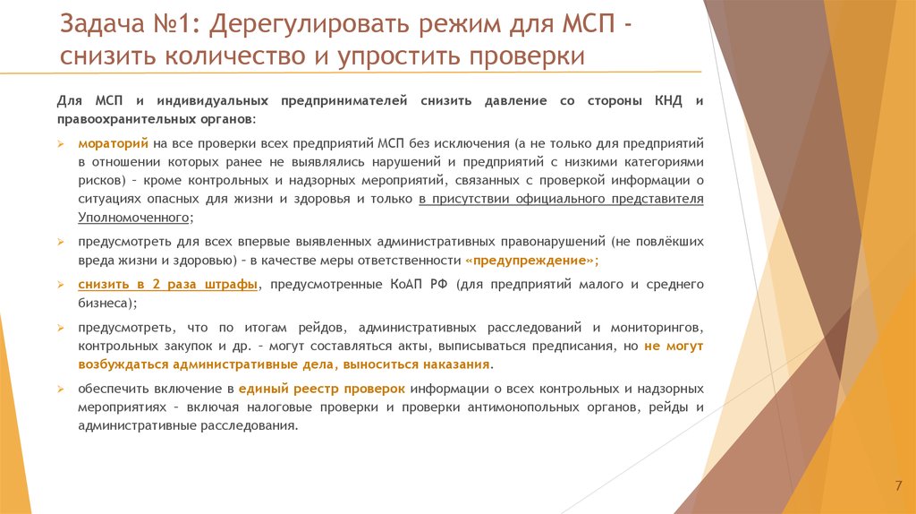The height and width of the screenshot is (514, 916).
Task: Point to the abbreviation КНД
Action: click(660, 101)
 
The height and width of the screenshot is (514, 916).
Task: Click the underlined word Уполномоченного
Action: click(133, 218)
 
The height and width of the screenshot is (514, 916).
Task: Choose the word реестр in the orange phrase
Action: click(319, 389)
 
